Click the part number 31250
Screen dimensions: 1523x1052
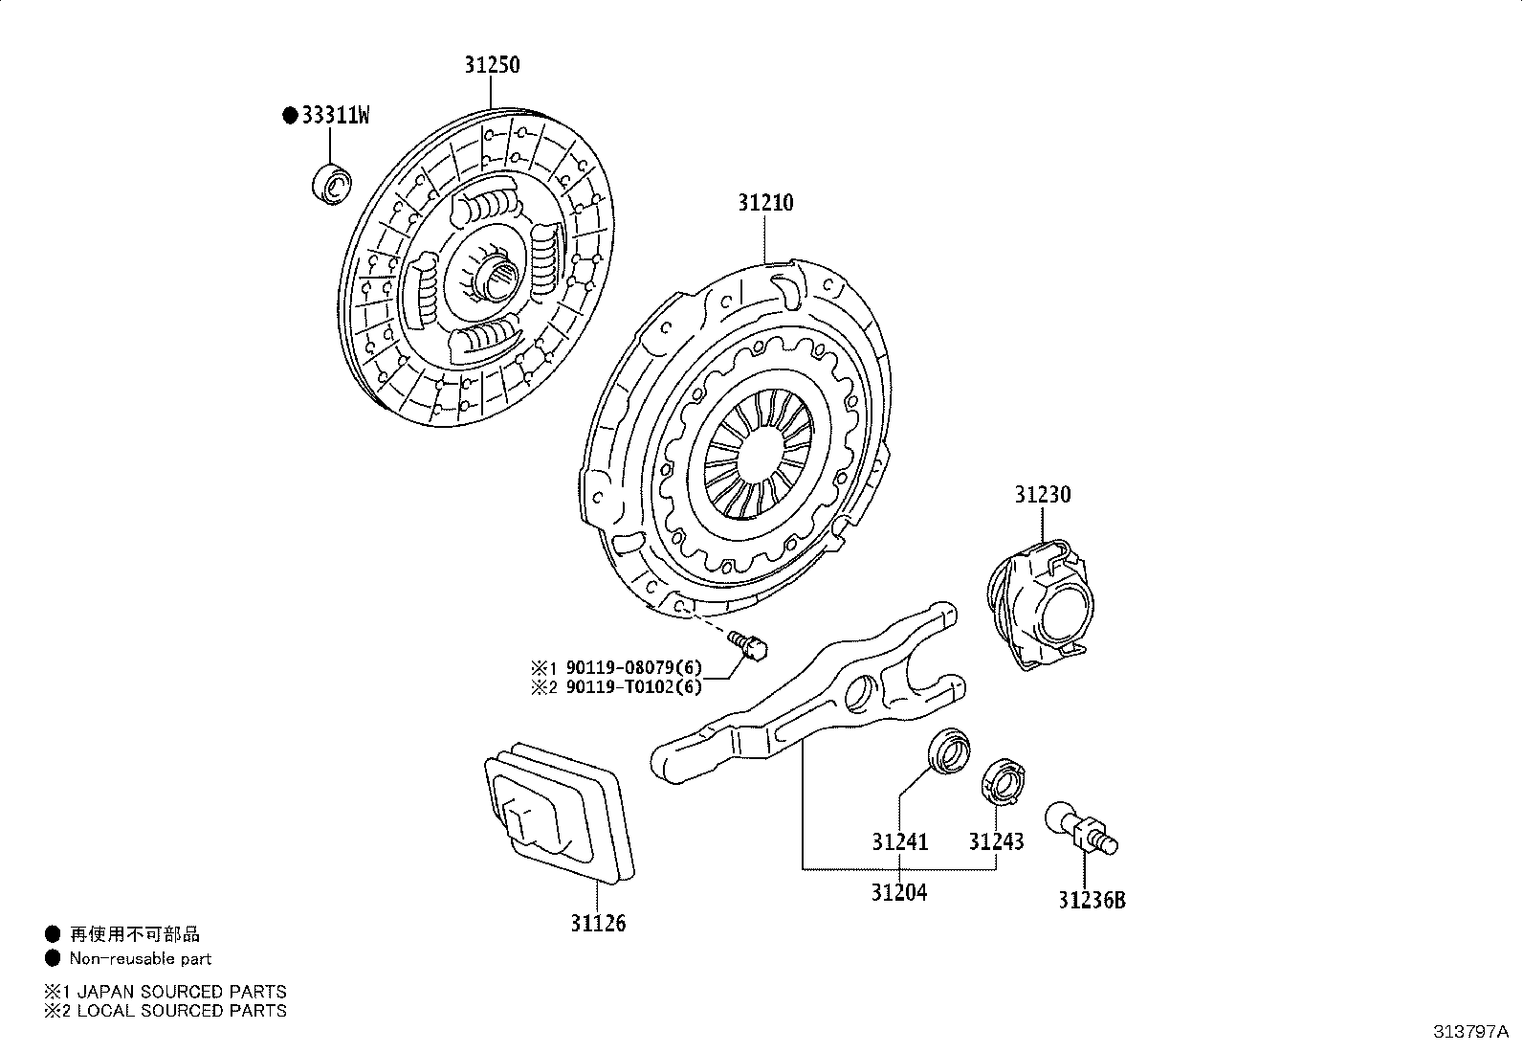click(493, 65)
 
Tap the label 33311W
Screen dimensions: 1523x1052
click(335, 116)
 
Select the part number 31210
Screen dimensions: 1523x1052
click(765, 203)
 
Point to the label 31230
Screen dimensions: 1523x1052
click(1043, 495)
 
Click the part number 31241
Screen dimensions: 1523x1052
click(899, 842)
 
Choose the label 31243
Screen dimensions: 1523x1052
click(996, 842)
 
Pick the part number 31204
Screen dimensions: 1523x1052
click(899, 893)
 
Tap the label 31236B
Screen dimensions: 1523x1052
click(1092, 901)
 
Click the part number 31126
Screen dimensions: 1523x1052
click(598, 924)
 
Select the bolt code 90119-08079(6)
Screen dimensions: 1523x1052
click(633, 667)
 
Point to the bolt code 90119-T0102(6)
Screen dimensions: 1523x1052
click(633, 687)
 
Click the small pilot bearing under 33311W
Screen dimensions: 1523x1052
click(332, 184)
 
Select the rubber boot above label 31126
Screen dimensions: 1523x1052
click(559, 814)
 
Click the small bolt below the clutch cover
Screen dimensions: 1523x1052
click(747, 645)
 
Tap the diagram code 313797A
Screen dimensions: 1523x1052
click(1470, 1032)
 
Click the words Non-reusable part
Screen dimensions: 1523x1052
click(141, 959)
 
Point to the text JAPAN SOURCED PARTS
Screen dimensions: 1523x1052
click(182, 992)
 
